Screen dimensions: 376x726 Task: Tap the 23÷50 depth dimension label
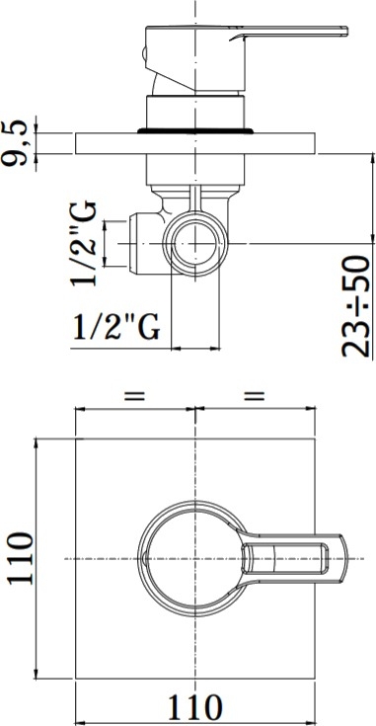coord(356,306)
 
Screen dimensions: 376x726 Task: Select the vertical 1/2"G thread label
coord(84,244)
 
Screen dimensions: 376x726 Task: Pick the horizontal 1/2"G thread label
coord(117,327)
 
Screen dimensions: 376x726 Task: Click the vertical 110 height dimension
coord(20,558)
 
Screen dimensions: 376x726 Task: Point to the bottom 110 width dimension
coord(194,707)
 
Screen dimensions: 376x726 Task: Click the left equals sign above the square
coord(134,396)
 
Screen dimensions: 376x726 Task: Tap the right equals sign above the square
coord(255,396)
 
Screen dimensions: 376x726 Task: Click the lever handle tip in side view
coord(343,31)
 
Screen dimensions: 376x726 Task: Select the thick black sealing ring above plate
coord(195,131)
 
